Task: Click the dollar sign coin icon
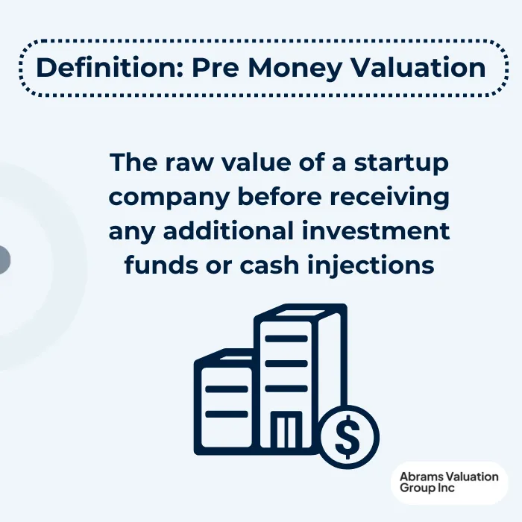348,438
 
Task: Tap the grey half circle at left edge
4,260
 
